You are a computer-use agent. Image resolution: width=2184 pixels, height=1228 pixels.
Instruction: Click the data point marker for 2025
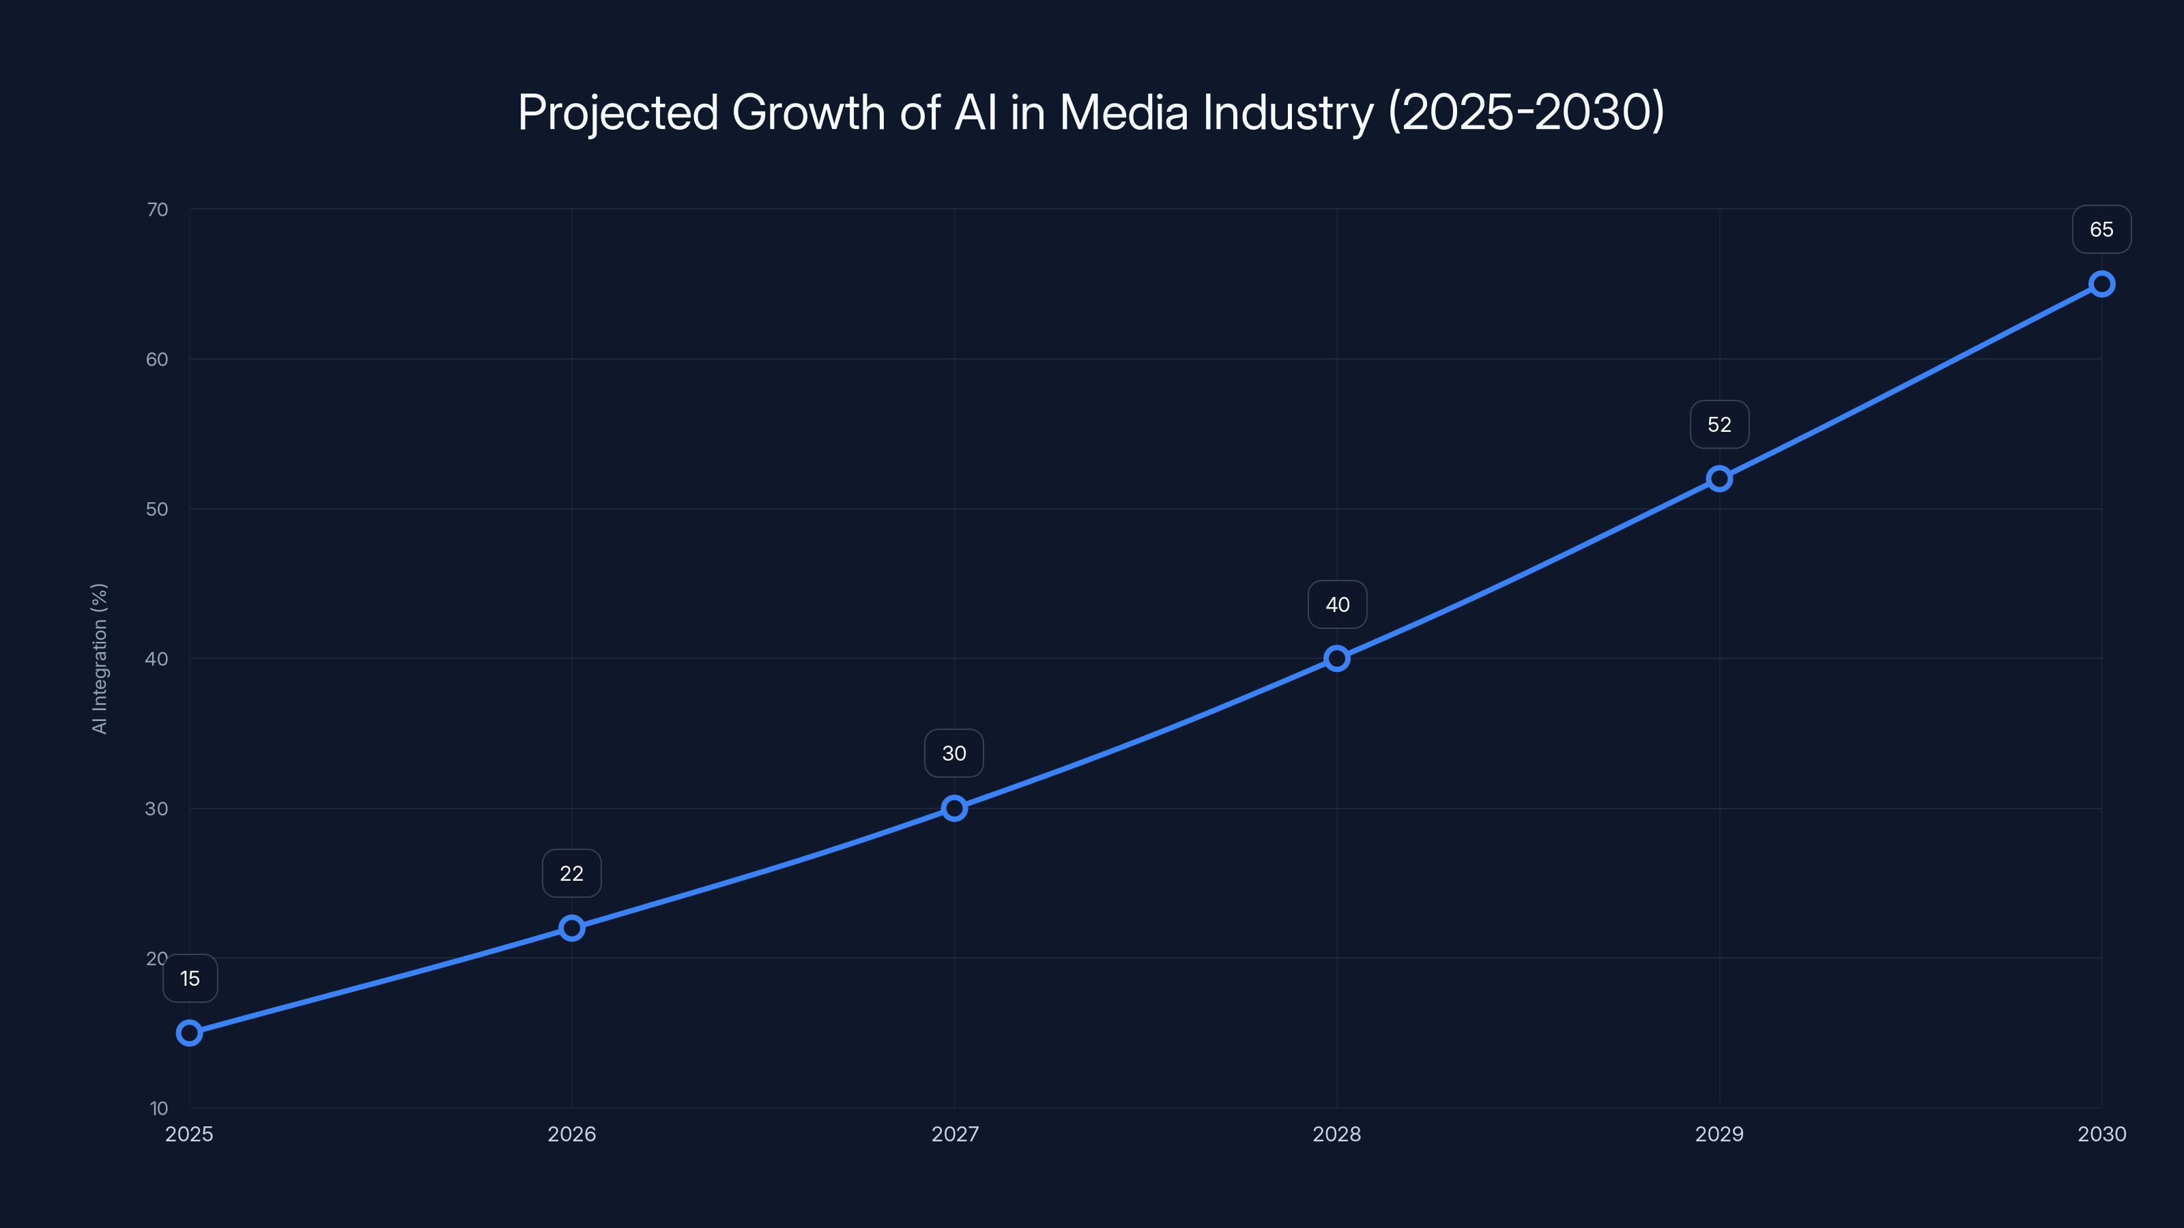[189, 1032]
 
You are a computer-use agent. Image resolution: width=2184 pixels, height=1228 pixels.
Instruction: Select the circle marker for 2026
[571, 928]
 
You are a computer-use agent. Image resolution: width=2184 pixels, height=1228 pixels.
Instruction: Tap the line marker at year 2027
[954, 808]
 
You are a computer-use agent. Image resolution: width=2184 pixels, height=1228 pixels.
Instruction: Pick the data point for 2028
[1336, 658]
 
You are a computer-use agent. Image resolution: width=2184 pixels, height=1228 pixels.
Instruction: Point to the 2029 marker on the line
[1719, 479]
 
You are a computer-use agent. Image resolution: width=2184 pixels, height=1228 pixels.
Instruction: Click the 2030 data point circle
[2101, 284]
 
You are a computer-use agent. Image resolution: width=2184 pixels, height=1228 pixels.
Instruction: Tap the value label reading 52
[1719, 424]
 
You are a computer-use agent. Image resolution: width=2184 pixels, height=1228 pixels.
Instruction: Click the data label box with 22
[571, 874]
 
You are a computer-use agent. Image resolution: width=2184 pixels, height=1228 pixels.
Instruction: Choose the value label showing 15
[190, 979]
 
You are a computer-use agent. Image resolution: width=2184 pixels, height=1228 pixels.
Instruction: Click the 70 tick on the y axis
[157, 209]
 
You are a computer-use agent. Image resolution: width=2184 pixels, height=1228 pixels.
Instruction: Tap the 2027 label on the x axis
[955, 1134]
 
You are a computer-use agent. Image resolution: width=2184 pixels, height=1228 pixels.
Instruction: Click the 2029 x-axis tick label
[1719, 1134]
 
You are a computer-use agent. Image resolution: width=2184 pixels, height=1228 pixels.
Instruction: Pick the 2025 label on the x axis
[189, 1134]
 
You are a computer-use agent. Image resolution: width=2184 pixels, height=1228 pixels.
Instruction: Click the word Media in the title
[1123, 113]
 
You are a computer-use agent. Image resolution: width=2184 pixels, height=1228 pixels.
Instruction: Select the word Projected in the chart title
[618, 113]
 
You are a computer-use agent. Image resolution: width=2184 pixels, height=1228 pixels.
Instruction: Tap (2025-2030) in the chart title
[1526, 113]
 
